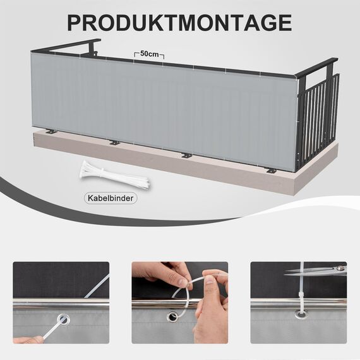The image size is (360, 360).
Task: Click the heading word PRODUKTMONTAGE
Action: pos(179,21)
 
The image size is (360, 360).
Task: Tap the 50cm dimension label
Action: pos(150,54)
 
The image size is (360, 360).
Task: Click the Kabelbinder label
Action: pos(111,198)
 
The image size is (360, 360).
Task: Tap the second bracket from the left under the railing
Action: pos(114,142)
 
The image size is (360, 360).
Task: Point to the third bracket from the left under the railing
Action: pos(186,155)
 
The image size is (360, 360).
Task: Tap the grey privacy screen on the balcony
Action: pos(164,107)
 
